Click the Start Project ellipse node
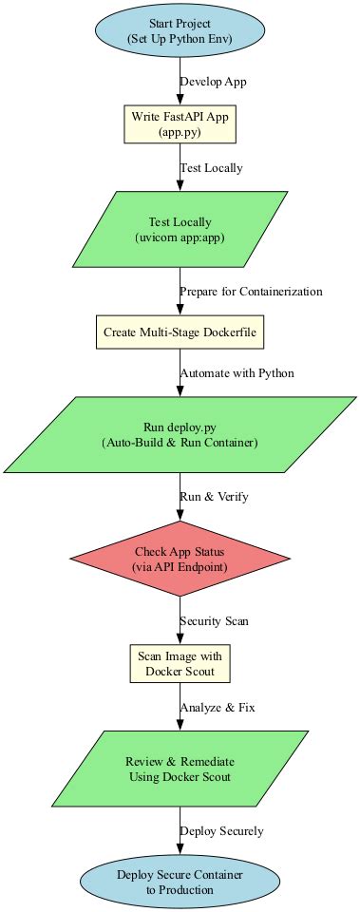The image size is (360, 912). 180,31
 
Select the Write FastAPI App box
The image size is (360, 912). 180,123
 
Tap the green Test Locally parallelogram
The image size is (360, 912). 180,230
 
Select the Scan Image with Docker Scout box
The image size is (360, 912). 180,663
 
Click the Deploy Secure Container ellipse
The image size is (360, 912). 180,882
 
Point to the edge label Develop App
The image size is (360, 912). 213,82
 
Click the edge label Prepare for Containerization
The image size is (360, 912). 251,291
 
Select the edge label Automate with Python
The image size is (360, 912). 237,373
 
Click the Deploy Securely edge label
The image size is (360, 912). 221,831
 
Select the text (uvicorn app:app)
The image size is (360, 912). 180,237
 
